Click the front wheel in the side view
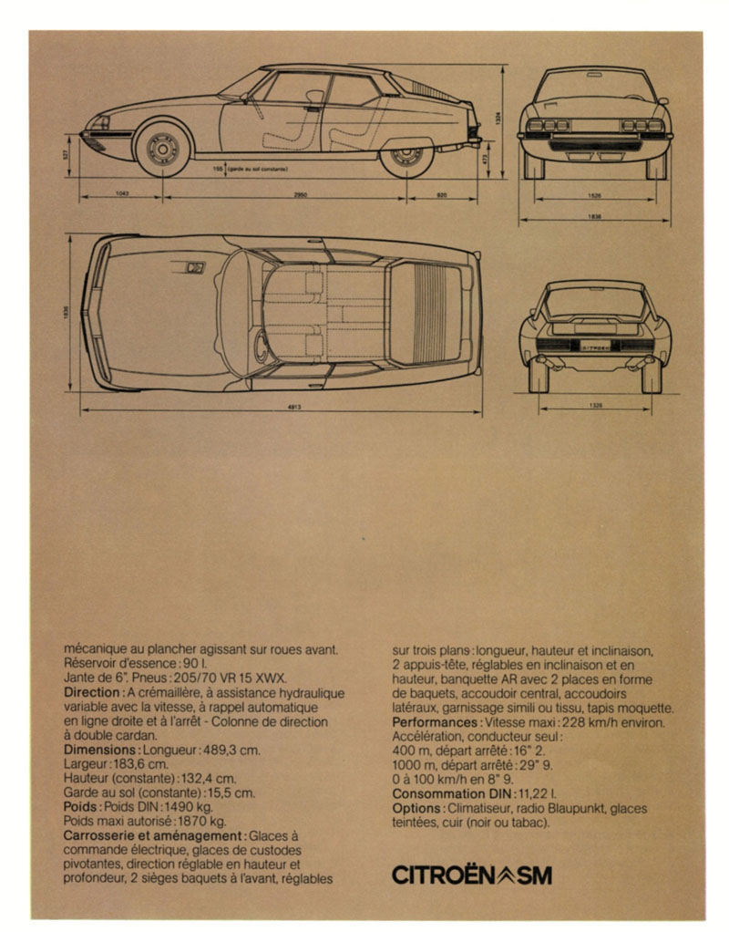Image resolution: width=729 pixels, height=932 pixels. pyautogui.click(x=163, y=149)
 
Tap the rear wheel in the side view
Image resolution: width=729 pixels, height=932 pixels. pyautogui.click(x=406, y=150)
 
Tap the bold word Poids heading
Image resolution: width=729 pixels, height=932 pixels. pyautogui.click(x=83, y=807)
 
